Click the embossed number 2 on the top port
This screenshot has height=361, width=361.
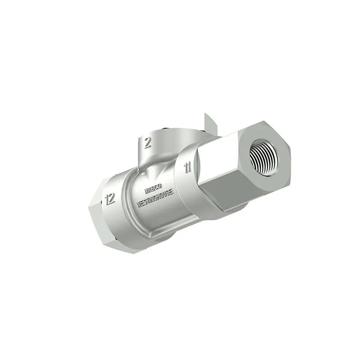[148, 143]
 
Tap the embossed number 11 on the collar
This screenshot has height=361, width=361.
[188, 167]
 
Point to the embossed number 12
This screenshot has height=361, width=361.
[110, 199]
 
